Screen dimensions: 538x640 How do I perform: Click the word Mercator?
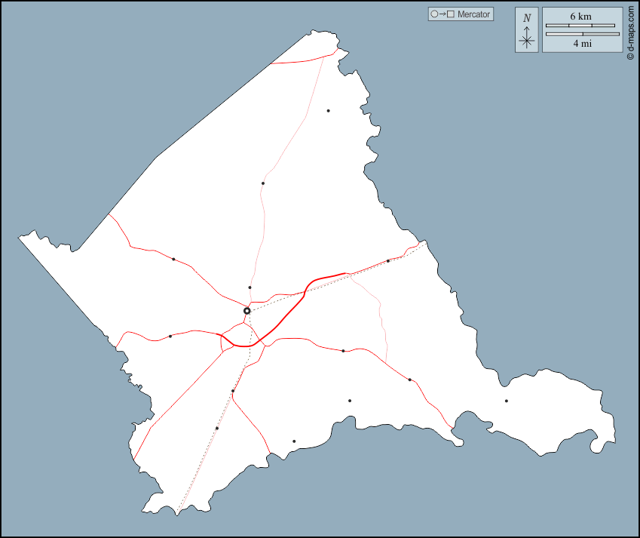click(x=473, y=14)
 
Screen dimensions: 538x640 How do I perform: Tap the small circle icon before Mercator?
click(x=433, y=14)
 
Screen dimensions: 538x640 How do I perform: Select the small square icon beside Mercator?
click(x=450, y=14)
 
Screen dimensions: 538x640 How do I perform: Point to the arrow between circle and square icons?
click(x=442, y=14)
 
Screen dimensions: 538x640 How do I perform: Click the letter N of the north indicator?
click(x=527, y=17)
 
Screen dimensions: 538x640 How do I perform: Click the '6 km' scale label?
click(x=580, y=16)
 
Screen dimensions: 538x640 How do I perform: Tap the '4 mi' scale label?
click(x=582, y=44)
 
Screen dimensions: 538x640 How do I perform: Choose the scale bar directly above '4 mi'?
click(x=582, y=34)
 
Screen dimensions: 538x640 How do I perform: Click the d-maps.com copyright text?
click(x=630, y=34)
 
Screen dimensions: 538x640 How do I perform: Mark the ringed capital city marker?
click(x=247, y=311)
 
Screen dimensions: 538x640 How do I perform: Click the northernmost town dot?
click(x=328, y=111)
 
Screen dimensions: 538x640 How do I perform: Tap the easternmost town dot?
click(x=506, y=401)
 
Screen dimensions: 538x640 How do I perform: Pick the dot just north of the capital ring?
click(x=250, y=287)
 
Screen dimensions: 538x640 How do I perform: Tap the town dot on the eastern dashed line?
click(x=388, y=261)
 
